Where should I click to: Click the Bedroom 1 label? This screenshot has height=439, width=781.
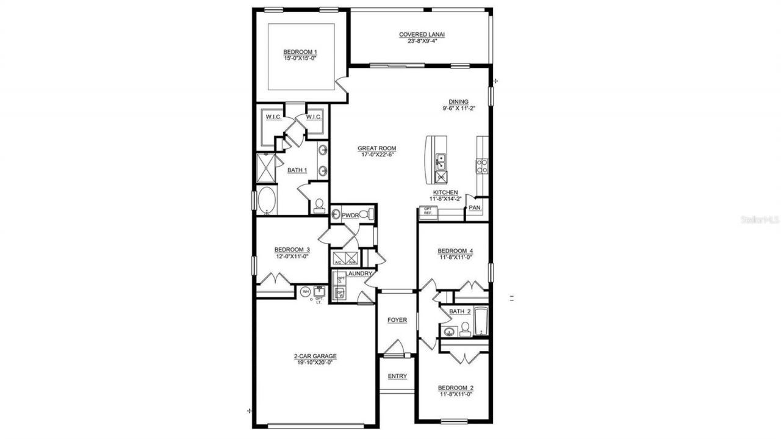(300, 52)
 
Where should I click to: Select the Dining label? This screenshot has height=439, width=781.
(458, 102)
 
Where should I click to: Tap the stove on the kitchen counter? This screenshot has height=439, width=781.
(482, 166)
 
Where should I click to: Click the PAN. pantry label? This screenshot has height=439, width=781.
(475, 208)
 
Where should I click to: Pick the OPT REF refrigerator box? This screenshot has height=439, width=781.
(428, 211)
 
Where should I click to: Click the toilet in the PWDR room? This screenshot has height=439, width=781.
(364, 215)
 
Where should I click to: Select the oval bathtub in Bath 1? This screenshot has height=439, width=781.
(267, 200)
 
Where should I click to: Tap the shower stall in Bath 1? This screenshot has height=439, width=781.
(266, 168)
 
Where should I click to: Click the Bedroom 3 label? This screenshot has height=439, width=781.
(292, 249)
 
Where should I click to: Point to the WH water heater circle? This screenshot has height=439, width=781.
(305, 292)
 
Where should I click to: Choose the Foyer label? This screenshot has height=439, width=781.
(397, 320)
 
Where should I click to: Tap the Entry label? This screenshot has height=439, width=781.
(397, 376)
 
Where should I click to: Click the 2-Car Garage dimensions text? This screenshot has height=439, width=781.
(315, 363)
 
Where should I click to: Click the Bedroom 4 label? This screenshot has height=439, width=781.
(456, 251)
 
